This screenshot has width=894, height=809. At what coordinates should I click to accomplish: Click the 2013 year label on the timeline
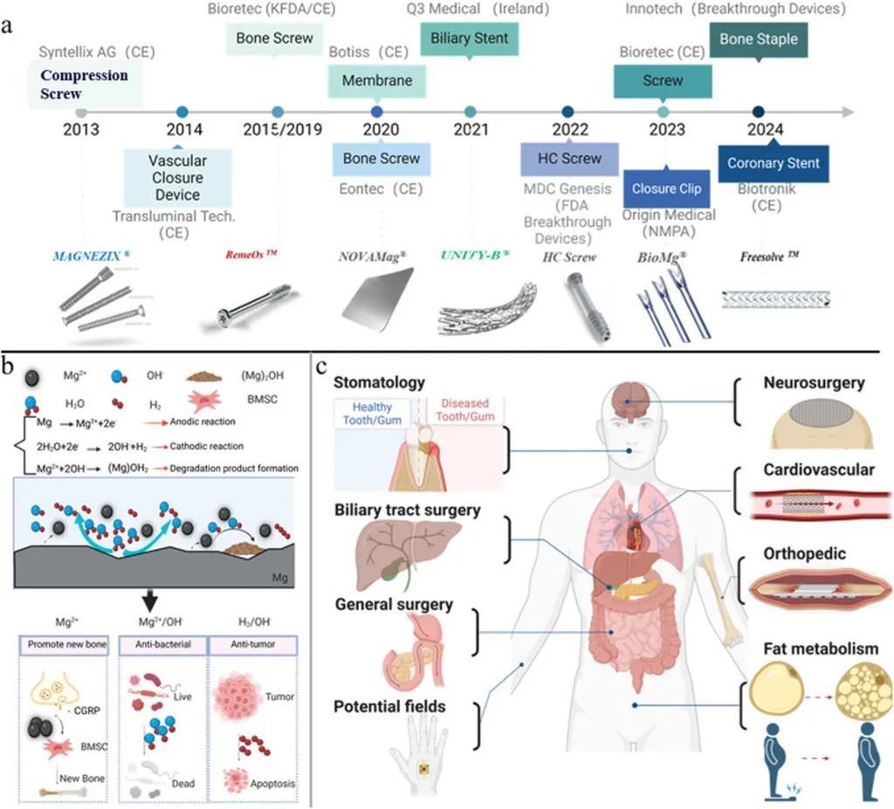81,131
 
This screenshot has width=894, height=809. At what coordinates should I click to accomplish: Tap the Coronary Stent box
773,163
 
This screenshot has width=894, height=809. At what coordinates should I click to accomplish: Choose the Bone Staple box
759,39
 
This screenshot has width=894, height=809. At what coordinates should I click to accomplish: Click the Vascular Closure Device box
177,177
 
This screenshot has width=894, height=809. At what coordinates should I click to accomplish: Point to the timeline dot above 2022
568,112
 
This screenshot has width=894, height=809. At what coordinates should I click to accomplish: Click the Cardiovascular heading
817,470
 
